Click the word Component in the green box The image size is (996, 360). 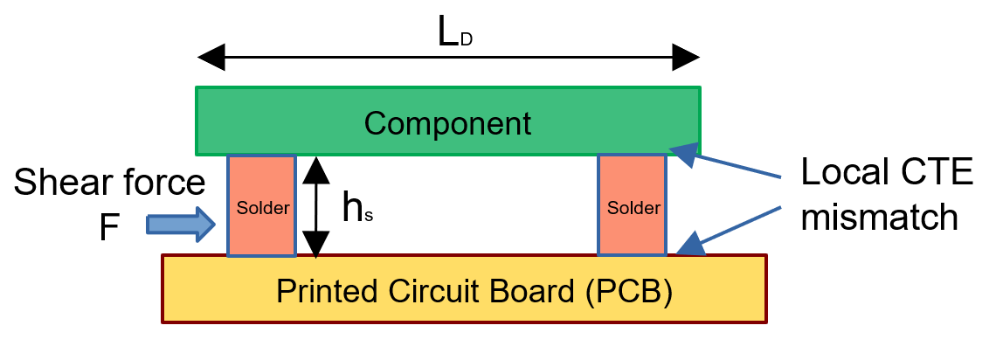(447, 123)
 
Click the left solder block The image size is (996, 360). (261, 206)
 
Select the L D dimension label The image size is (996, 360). (454, 34)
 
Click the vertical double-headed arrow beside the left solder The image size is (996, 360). (316, 206)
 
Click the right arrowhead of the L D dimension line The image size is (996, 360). (685, 59)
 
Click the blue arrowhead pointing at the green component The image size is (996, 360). (683, 150)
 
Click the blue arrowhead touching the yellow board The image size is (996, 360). (691, 244)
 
